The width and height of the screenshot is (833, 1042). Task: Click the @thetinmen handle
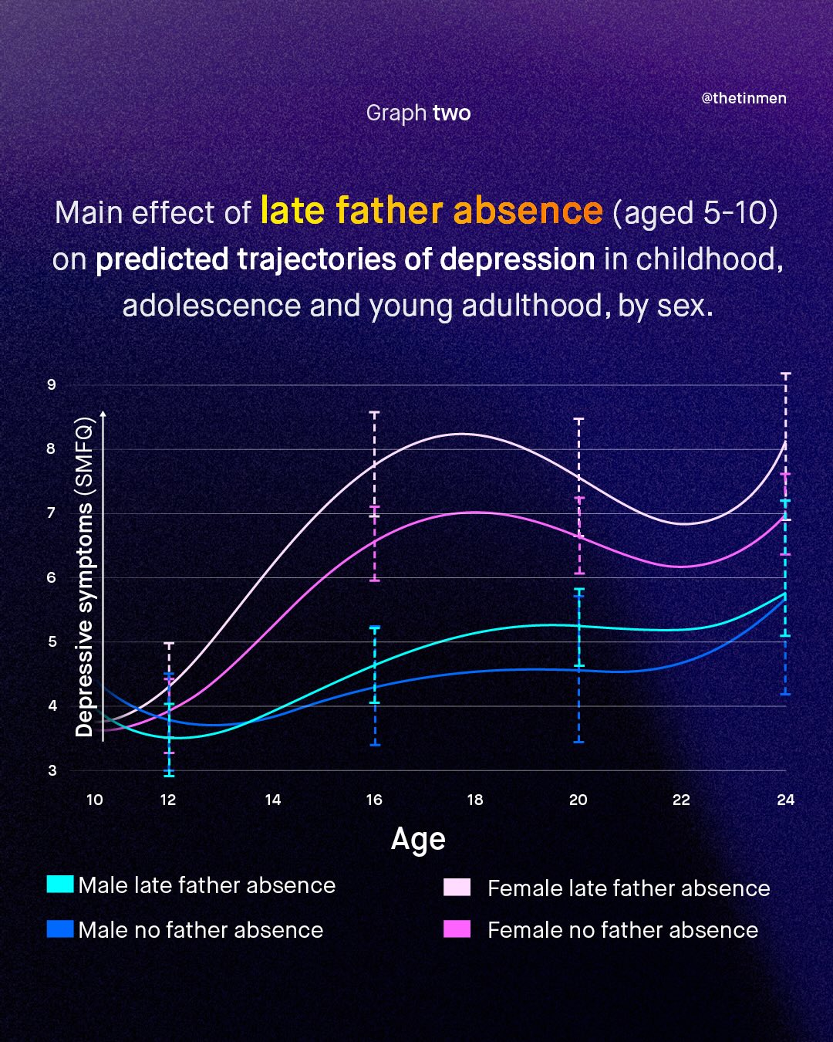click(x=744, y=98)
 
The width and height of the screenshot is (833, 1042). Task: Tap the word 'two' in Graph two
click(x=452, y=113)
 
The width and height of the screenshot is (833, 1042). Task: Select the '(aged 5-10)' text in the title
click(x=695, y=212)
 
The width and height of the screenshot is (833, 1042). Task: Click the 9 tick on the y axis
click(x=52, y=384)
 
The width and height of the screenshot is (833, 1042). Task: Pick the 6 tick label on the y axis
click(x=52, y=577)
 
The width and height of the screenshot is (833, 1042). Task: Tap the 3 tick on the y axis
click(x=52, y=770)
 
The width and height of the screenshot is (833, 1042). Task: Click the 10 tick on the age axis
click(x=94, y=800)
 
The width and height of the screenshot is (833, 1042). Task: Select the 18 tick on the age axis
click(x=475, y=800)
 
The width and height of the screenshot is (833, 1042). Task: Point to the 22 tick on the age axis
click(x=681, y=800)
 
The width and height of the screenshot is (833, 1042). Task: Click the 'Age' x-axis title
click(x=418, y=839)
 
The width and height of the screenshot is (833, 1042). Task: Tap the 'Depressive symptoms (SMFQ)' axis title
click(x=84, y=577)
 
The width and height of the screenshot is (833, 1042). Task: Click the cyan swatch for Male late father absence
click(x=60, y=884)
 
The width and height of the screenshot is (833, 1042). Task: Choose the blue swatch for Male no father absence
click(x=60, y=929)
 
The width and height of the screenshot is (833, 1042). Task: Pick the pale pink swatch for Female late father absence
click(x=457, y=887)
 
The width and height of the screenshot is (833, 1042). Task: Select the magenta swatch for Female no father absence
click(x=457, y=929)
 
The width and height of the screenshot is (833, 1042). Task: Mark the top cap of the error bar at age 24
click(x=786, y=374)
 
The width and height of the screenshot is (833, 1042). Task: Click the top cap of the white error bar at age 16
click(x=374, y=413)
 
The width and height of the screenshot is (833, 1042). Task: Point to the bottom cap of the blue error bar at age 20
click(x=578, y=742)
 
